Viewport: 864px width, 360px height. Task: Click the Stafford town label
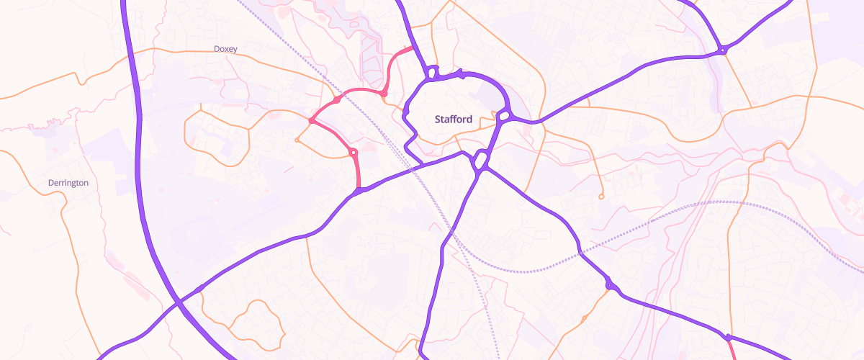(x=454, y=120)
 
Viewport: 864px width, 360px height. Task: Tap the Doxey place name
(x=225, y=49)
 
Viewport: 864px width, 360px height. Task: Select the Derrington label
(x=68, y=183)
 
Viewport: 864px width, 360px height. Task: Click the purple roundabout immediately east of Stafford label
(x=504, y=116)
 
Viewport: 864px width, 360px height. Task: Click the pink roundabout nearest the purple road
(x=353, y=153)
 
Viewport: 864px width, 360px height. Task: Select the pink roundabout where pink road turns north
(x=384, y=94)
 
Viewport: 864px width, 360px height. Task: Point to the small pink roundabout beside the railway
(x=337, y=99)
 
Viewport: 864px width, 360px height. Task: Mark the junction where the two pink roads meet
(x=310, y=121)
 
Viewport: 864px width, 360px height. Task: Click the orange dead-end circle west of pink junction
(x=297, y=140)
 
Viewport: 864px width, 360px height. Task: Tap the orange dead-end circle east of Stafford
(x=600, y=197)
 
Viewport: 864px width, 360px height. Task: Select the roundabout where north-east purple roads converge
(x=722, y=50)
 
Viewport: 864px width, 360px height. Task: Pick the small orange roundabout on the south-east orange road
(x=584, y=318)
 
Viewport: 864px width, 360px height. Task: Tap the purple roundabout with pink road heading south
(x=729, y=337)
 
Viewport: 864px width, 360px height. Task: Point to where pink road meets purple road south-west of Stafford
(x=359, y=191)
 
